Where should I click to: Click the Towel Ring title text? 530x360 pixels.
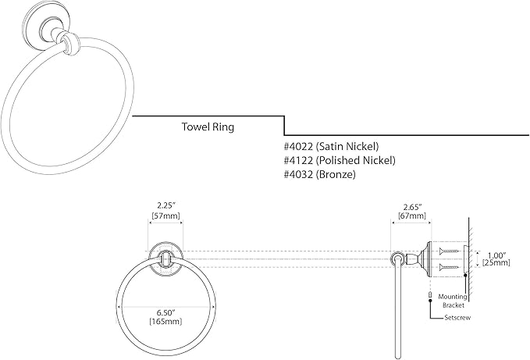208,127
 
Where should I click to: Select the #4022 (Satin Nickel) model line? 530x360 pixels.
331,146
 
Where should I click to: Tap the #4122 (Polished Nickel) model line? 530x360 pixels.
340,160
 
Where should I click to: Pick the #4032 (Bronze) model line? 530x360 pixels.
320,174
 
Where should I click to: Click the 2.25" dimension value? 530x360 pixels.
165,205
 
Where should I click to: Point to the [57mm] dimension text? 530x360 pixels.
165,216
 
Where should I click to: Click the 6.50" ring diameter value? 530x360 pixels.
165,312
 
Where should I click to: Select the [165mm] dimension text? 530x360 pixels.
165,321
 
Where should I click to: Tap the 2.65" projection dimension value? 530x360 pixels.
411,207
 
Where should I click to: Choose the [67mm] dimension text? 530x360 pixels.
411,216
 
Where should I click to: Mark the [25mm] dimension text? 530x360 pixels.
496,262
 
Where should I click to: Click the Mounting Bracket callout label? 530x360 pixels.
453,301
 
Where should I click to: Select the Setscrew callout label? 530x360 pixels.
457,318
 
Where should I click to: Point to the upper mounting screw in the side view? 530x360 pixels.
449,251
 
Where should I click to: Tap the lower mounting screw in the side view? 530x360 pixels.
449,268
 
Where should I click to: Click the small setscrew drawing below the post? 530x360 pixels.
430,294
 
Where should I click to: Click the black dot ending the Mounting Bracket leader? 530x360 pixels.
465,275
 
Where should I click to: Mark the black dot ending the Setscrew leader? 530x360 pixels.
430,300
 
